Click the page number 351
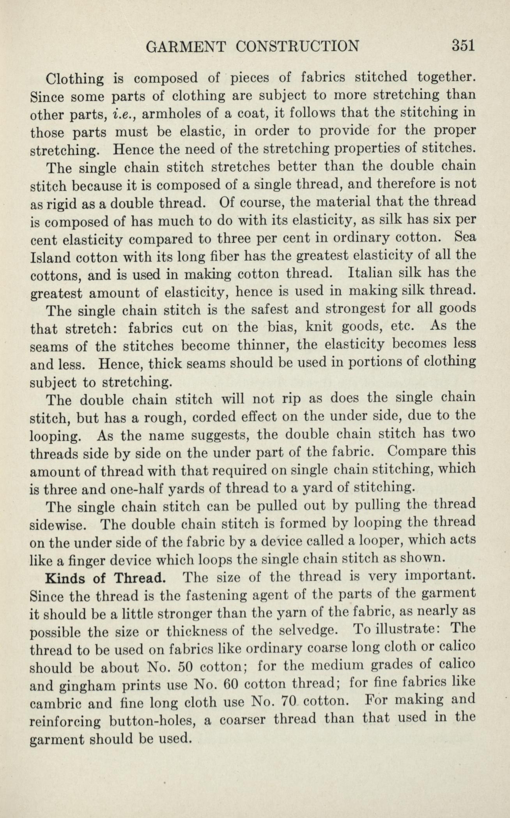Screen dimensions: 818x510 point(462,46)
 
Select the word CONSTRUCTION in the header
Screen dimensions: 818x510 point(297,46)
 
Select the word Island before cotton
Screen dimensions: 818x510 point(50,258)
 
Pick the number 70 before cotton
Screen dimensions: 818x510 point(288,702)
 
